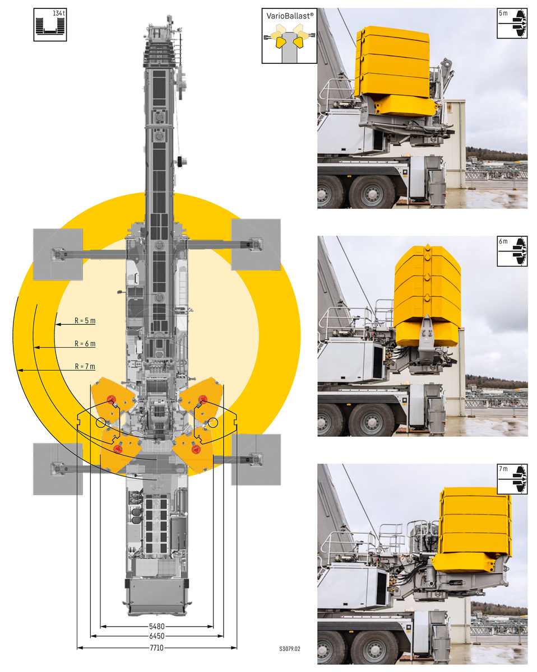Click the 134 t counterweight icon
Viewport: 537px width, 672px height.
50,25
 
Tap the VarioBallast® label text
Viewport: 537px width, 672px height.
290,16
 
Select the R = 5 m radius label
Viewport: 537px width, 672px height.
85,320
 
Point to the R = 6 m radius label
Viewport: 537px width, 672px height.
85,343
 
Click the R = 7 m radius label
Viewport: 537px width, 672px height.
85,366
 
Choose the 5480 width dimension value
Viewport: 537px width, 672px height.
156,626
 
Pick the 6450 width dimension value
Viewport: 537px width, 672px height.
156,636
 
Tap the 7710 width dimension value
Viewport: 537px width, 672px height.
156,648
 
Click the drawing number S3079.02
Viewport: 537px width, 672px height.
290,648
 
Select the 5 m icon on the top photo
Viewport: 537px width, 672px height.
512,24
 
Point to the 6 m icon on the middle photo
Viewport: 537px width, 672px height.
512,251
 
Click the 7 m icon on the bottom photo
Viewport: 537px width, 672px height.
512,479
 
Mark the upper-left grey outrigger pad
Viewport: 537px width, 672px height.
58,254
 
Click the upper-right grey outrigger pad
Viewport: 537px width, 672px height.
256,245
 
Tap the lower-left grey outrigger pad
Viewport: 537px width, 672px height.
58,469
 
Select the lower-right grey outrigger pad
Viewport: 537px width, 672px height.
256,459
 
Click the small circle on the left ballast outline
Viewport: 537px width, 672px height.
101,422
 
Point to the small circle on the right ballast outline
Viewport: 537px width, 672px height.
213,422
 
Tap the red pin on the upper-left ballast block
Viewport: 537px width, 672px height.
112,399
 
